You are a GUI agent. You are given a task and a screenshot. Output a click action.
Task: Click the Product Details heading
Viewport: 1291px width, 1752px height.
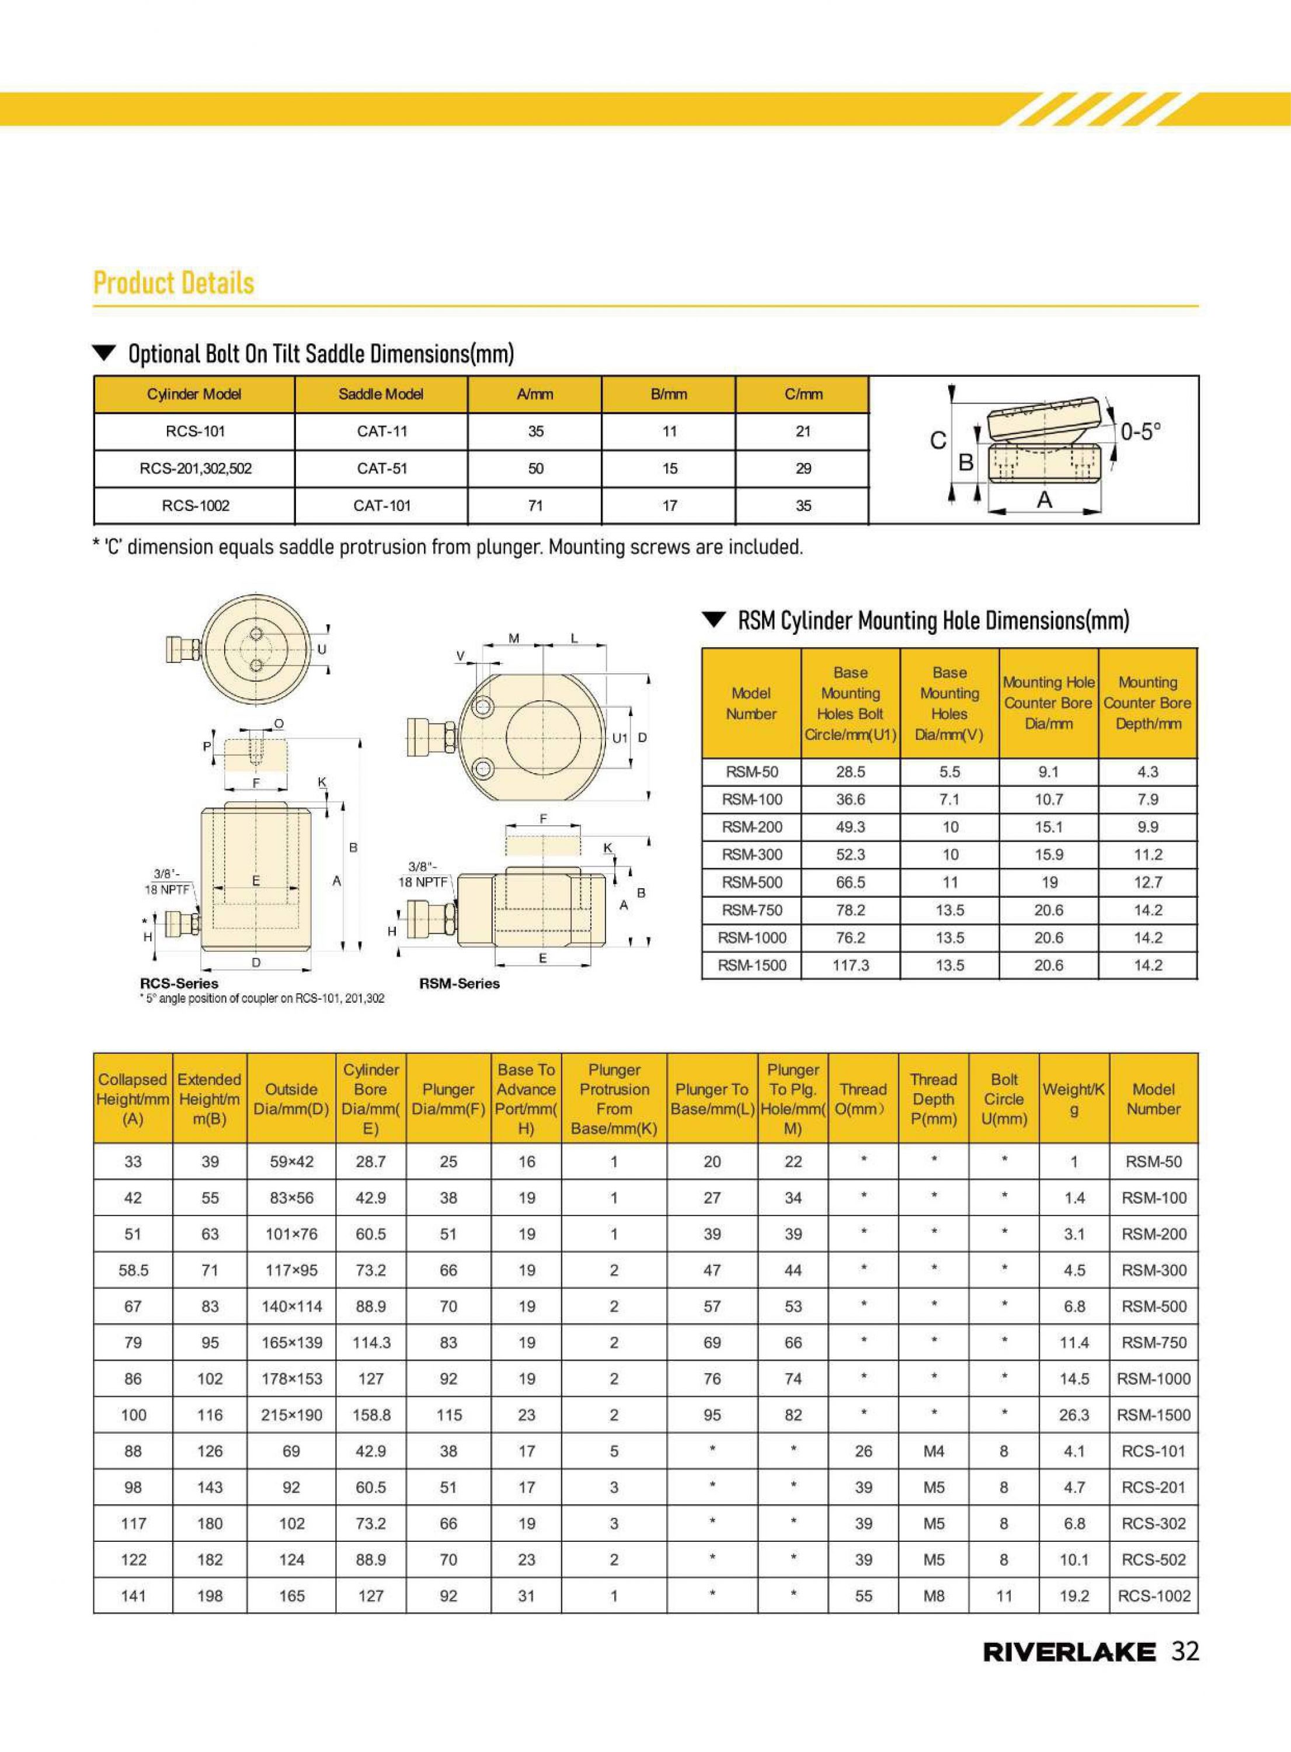pos(173,283)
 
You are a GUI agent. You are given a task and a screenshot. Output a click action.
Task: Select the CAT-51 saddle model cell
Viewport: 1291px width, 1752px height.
pos(381,468)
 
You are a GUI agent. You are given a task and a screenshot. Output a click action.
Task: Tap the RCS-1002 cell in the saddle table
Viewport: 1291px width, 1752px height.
pos(196,506)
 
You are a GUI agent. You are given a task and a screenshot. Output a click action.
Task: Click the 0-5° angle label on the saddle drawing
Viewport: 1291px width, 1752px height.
pos(1140,432)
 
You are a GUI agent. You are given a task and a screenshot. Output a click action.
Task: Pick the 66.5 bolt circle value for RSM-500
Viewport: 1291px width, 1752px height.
pos(850,882)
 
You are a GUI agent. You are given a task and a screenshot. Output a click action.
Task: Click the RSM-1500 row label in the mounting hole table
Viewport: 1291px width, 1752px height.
pos(752,965)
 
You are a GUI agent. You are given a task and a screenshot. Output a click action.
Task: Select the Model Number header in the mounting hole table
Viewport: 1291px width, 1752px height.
pos(751,703)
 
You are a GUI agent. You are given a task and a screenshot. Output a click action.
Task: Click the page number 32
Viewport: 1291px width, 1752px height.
pos(1185,1650)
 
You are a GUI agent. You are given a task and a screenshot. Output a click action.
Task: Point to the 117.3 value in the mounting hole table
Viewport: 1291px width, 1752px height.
pos(850,965)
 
